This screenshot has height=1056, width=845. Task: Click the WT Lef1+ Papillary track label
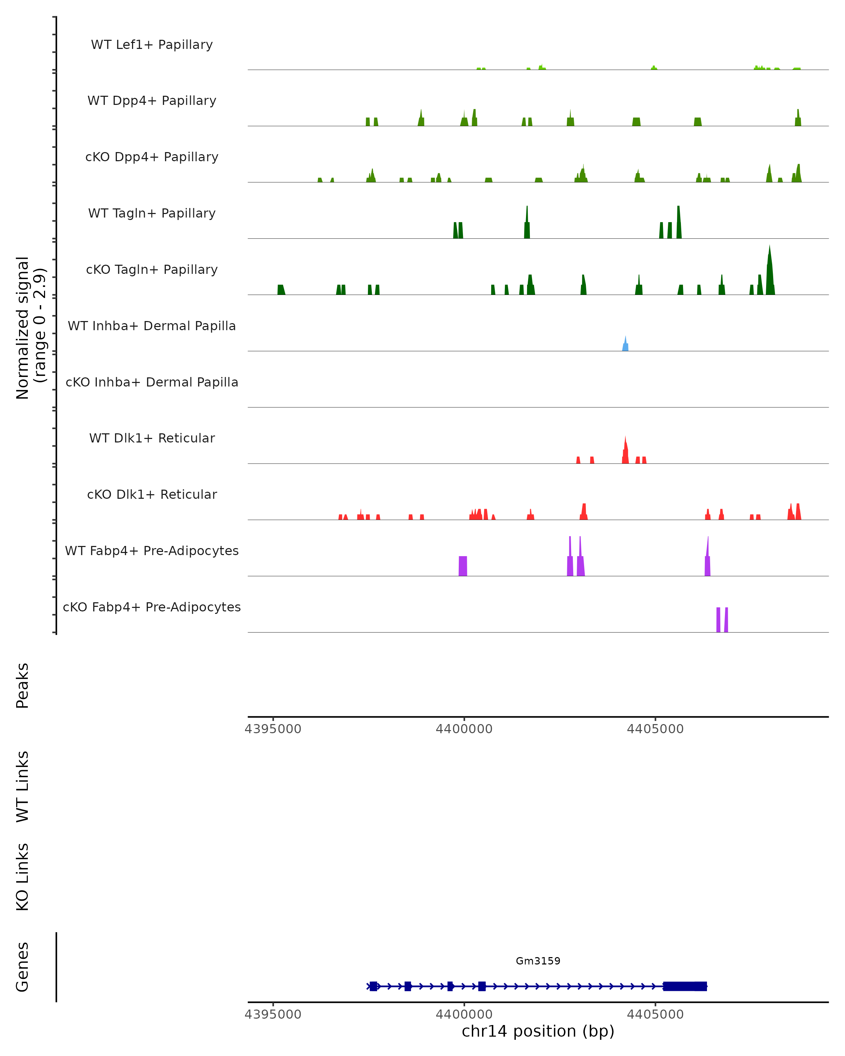coord(152,45)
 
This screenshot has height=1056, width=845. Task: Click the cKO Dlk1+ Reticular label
coord(152,494)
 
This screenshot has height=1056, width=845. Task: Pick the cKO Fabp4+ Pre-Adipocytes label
coord(152,607)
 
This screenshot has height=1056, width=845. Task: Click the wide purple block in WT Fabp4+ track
coord(462,566)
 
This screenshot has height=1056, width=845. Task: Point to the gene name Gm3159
coord(538,961)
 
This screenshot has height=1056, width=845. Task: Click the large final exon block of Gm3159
coord(684,986)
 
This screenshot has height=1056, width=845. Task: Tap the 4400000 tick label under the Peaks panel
coord(464,729)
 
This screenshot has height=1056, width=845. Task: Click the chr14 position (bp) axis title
coord(538,1031)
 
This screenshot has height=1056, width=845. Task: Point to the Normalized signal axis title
coord(30,328)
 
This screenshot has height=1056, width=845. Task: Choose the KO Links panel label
coord(23,877)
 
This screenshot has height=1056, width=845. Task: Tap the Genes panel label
coord(23,967)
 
